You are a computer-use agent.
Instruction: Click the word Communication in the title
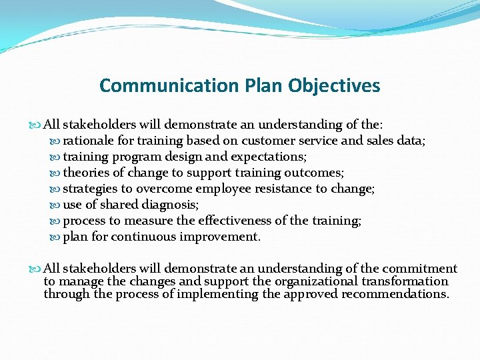169,86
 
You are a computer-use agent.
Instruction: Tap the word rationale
90,140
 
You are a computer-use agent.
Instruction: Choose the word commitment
421,269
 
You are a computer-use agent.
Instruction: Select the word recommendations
389,294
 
